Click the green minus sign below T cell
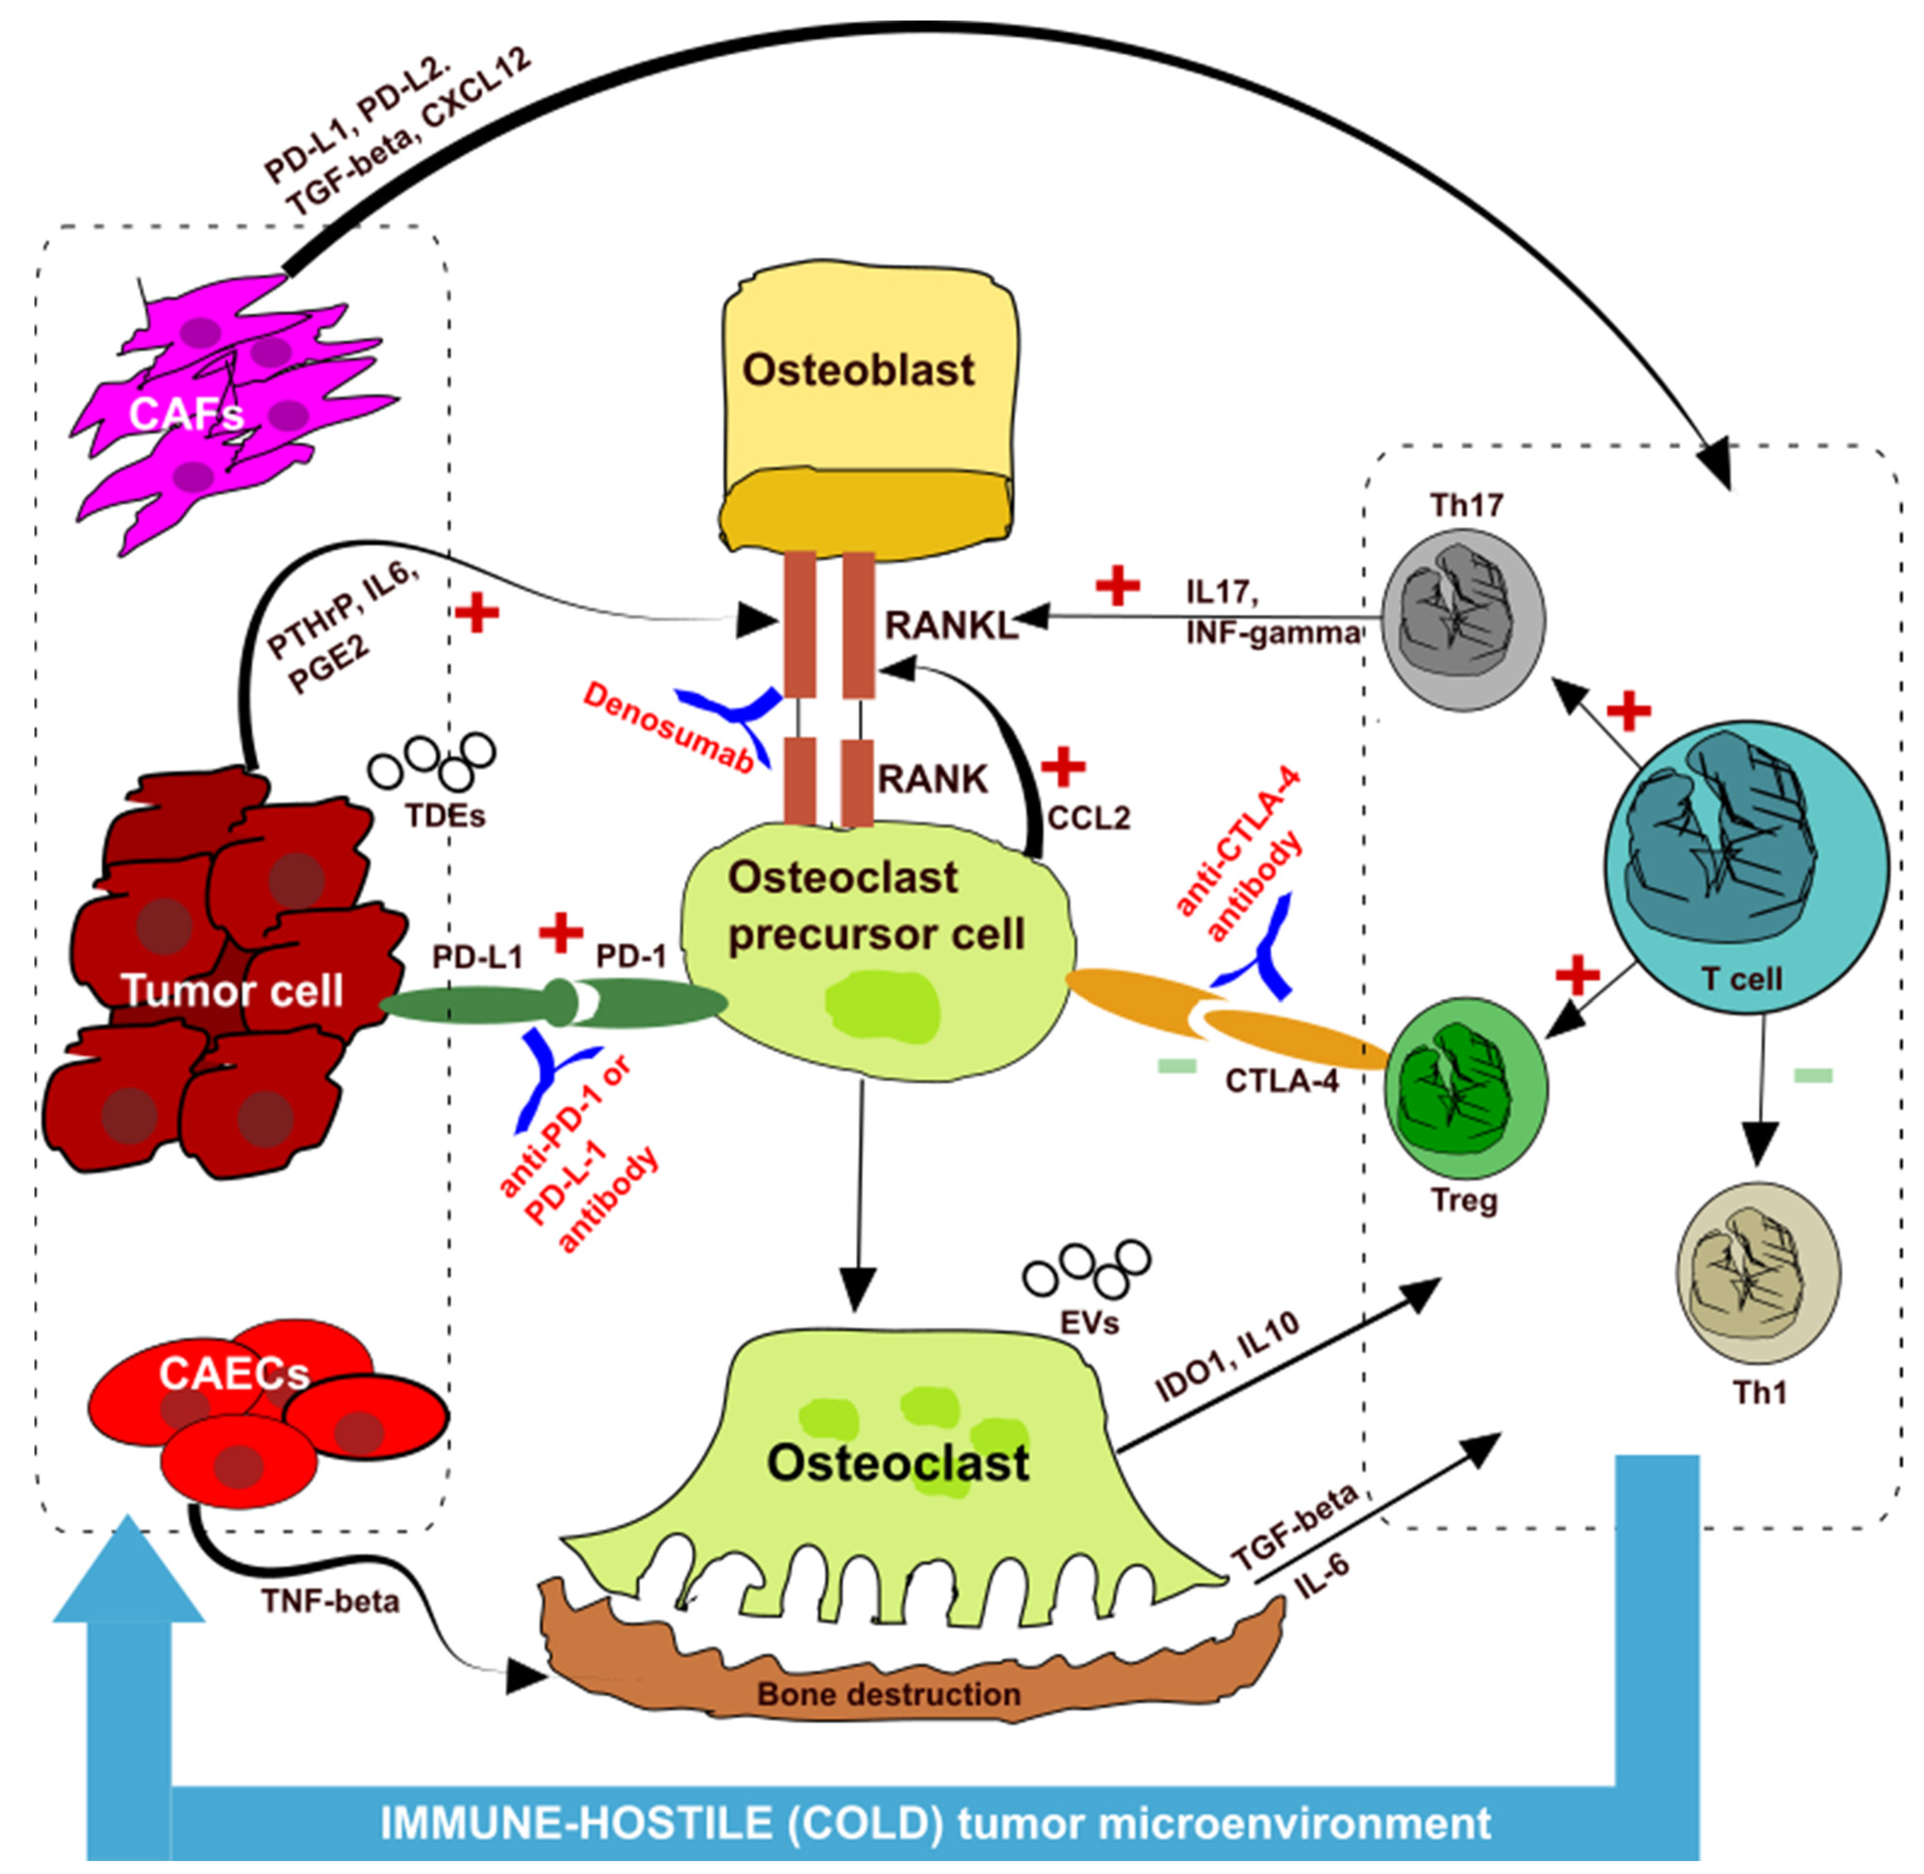[x=1813, y=1076]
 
